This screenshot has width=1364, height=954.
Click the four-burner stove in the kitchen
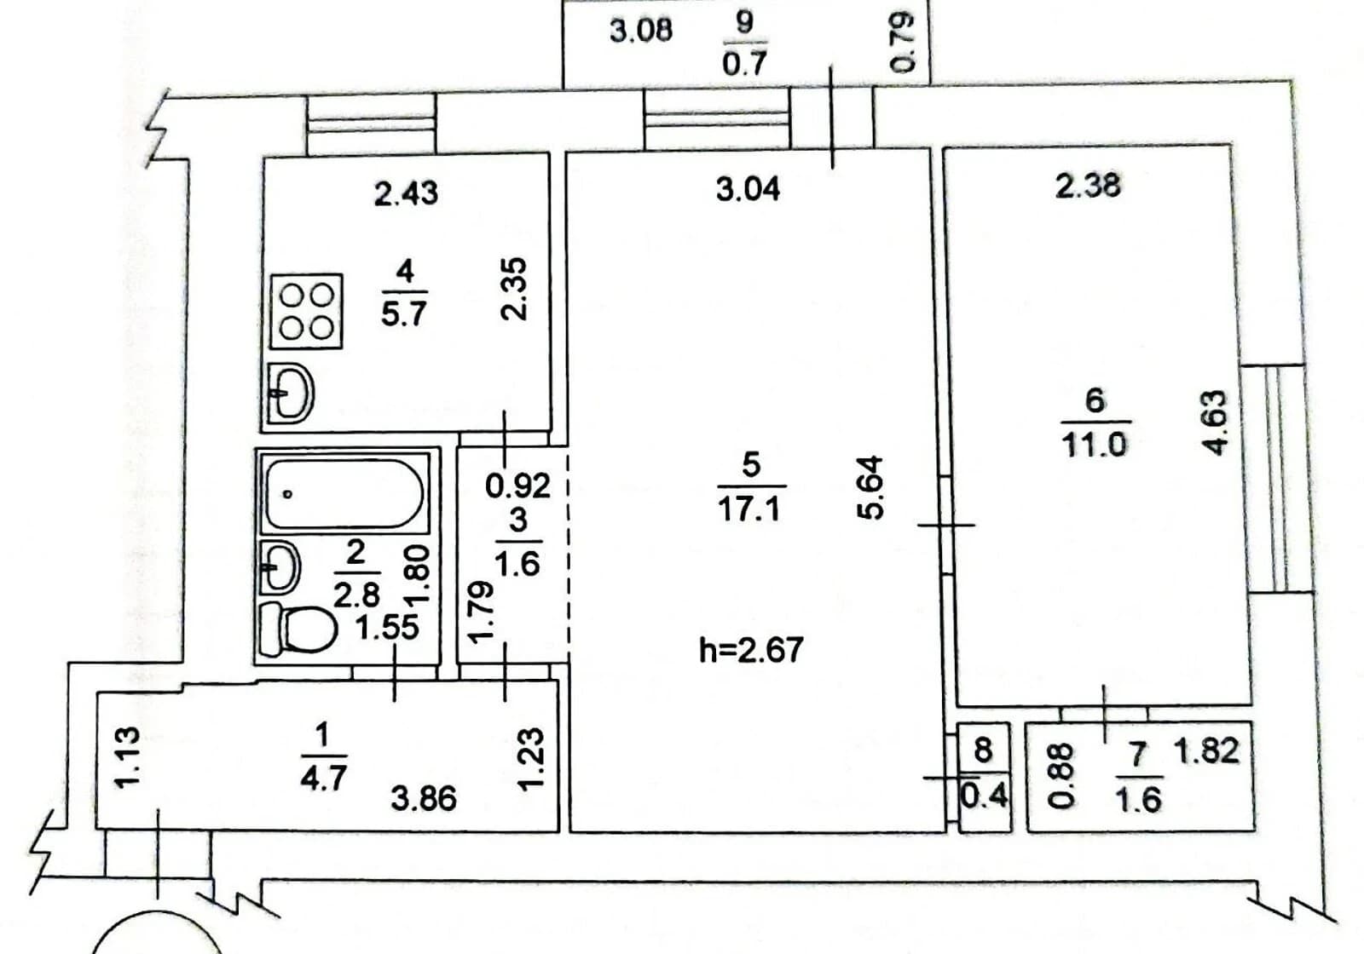[306, 312]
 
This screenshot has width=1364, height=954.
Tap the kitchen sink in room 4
[291, 393]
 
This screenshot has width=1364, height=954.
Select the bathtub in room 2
[344, 493]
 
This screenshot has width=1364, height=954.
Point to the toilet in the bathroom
[298, 629]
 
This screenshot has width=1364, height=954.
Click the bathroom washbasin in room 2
[280, 566]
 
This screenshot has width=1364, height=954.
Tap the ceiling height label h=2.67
[751, 649]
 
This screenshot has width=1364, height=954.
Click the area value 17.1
[749, 508]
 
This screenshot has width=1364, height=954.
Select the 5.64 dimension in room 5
[870, 487]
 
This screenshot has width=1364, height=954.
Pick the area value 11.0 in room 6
[1095, 444]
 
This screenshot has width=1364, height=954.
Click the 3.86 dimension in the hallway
[424, 798]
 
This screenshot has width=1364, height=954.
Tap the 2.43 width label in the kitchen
[406, 193]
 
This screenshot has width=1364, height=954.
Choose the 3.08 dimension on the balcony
[641, 31]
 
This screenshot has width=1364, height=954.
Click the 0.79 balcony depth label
[903, 43]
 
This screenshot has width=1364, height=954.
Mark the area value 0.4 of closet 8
[984, 796]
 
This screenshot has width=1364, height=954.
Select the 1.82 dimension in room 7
[1207, 750]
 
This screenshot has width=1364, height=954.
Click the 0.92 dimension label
[517, 486]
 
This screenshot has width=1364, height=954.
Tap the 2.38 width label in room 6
[1088, 186]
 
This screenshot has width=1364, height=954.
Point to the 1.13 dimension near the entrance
[129, 758]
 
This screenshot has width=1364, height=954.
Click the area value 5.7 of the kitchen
[404, 314]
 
